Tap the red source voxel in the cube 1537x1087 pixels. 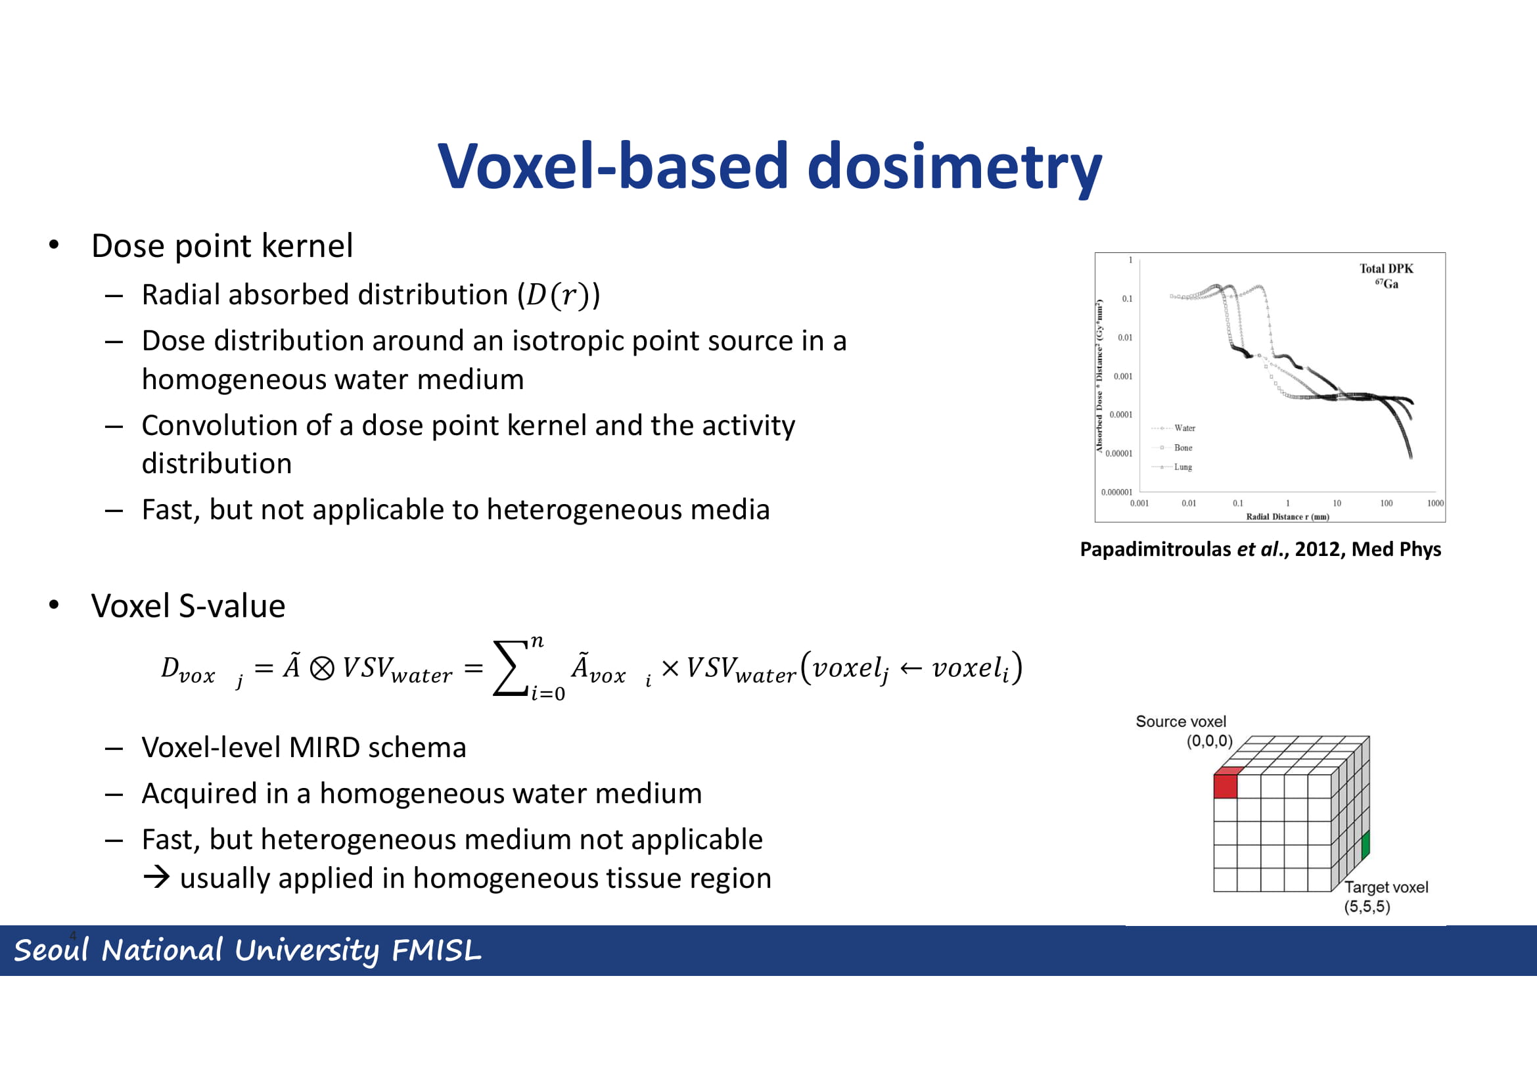1225,786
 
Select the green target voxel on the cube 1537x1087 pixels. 1365,844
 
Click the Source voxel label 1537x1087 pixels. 1181,722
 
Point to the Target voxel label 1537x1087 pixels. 1387,887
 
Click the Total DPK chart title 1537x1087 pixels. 1387,268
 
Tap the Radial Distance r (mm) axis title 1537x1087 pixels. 1287,517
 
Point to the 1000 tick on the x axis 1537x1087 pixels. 1435,503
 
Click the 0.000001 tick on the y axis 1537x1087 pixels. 1116,493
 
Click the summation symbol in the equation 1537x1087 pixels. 510,668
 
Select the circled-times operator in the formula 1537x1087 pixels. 322,668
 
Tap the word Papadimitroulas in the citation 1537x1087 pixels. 1155,549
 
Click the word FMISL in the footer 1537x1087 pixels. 436,950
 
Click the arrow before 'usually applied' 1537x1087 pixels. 156,877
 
